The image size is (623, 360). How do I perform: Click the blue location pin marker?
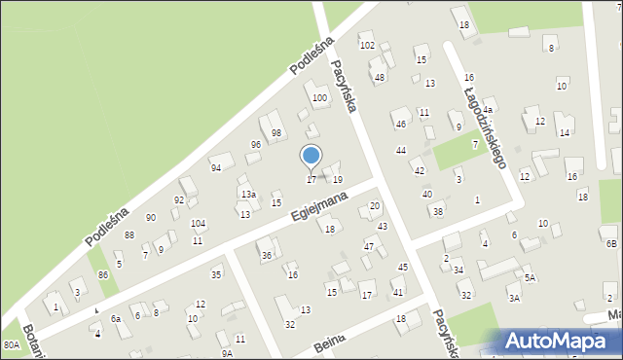click(311, 157)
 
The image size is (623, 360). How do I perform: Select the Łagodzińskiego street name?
click(483, 124)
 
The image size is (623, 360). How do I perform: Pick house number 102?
click(367, 46)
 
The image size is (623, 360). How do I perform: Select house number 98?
click(276, 133)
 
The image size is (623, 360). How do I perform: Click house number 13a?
click(248, 195)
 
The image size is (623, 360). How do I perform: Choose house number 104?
click(198, 224)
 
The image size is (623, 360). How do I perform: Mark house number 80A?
click(11, 344)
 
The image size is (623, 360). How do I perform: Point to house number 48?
click(380, 78)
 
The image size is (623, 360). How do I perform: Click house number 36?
click(266, 256)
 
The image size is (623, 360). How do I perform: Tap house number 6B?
click(610, 243)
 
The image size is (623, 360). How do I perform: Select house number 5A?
click(530, 277)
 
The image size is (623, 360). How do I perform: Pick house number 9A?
click(226, 339)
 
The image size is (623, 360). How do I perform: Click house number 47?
click(369, 247)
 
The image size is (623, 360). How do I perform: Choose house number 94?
click(216, 167)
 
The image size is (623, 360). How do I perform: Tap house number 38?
click(438, 211)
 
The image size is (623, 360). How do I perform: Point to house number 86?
click(103, 275)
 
